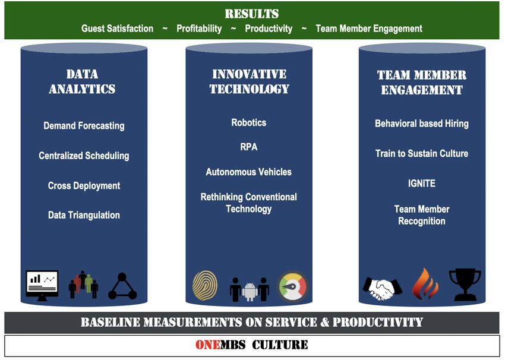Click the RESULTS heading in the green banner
(x=251, y=14)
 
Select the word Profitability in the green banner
(x=199, y=29)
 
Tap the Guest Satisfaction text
(x=117, y=29)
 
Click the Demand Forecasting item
(x=84, y=125)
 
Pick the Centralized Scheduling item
(x=84, y=156)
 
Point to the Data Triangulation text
(x=84, y=215)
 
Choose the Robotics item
(x=248, y=122)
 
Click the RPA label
(x=248, y=147)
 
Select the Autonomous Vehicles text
(x=248, y=172)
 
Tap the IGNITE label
(x=422, y=183)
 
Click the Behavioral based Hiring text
(x=422, y=124)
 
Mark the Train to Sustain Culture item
(x=422, y=153)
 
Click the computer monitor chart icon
(x=42, y=286)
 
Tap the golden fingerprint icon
(x=205, y=285)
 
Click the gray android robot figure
(x=250, y=292)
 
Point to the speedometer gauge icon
(x=293, y=286)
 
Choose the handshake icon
(x=382, y=288)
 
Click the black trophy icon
(x=465, y=285)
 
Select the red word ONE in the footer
(x=208, y=345)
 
